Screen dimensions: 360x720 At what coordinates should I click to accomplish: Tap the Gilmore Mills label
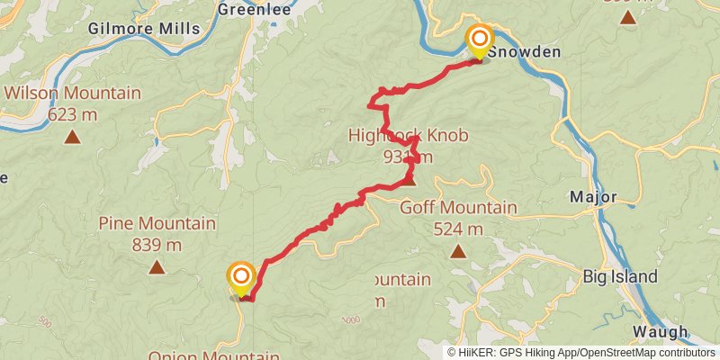pos(144,29)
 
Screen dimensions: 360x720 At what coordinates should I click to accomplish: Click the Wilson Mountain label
pos(73,93)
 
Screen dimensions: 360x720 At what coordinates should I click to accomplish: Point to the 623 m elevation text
pos(73,114)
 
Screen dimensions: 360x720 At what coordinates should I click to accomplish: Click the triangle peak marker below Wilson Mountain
pos(72,138)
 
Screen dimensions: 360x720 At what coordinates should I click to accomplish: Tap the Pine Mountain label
pos(157,223)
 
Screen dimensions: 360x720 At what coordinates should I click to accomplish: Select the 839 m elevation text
pos(157,244)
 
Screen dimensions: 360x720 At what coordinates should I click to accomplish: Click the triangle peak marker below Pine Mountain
pos(157,267)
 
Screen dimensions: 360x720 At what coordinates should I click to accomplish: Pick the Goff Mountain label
pos(459,209)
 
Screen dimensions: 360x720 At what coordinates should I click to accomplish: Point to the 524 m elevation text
pos(459,229)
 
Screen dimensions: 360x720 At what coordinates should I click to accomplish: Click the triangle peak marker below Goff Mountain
pos(458,251)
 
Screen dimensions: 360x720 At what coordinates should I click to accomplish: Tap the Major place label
pos(594,196)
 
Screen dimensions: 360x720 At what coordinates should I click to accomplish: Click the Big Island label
pos(620,276)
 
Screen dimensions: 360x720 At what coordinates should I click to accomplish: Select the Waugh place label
pos(661,330)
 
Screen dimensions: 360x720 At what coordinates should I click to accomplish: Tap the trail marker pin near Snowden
pos(479,40)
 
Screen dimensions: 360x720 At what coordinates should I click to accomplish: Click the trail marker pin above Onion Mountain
pos(240,277)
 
